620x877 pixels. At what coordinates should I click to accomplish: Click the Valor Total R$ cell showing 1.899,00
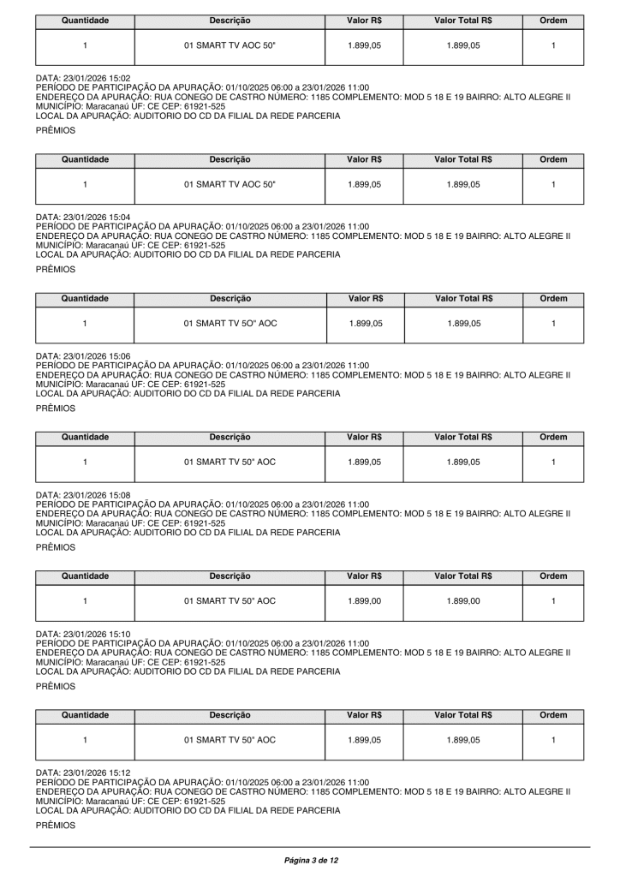point(462,601)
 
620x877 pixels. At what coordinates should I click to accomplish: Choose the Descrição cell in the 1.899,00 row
point(230,601)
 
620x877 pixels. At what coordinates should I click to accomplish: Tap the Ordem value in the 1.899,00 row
point(553,601)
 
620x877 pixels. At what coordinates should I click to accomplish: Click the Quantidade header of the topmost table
point(85,20)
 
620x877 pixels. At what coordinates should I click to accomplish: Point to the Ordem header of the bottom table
point(553,713)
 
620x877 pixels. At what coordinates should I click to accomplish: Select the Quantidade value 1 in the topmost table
point(85,46)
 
